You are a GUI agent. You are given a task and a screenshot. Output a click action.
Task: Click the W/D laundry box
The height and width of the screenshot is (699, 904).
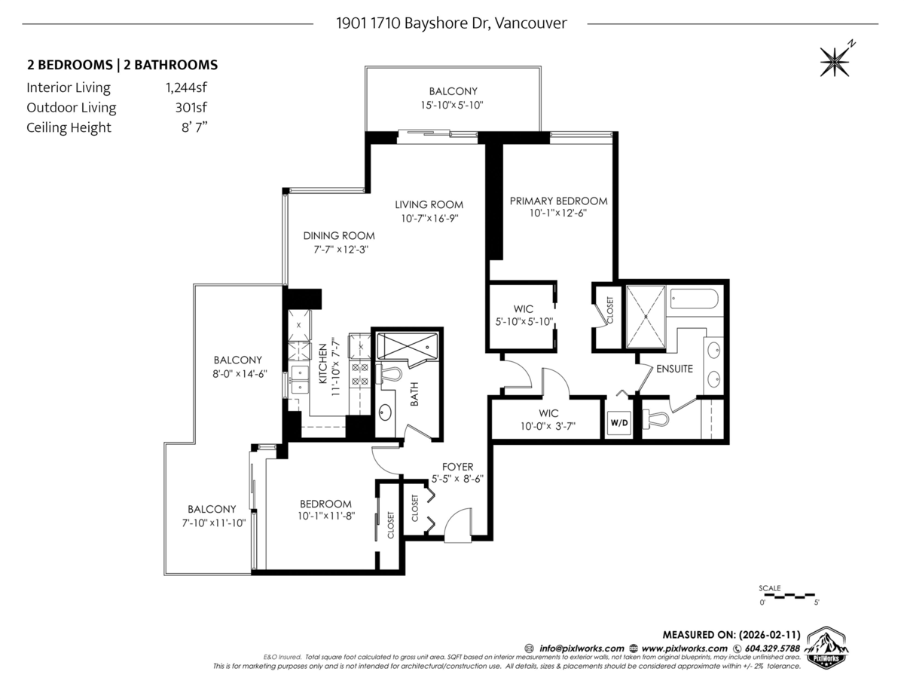[618, 423]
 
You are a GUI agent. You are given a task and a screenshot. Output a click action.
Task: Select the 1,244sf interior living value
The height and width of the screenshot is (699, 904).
[186, 87]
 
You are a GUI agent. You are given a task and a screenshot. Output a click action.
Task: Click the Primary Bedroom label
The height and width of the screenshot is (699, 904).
[558, 201]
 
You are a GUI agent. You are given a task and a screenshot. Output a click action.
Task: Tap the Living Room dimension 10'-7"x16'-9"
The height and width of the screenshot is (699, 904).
[429, 218]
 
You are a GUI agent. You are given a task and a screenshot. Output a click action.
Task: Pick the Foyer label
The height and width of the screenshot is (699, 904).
[457, 467]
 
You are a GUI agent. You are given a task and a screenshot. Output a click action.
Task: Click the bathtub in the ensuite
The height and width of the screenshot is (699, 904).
[694, 299]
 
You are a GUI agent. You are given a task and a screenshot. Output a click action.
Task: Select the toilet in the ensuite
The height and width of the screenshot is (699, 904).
[656, 418]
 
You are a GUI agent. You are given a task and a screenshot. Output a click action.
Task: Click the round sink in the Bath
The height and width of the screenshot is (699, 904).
[385, 413]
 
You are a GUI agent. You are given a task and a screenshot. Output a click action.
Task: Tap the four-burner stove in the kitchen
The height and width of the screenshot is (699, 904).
[360, 374]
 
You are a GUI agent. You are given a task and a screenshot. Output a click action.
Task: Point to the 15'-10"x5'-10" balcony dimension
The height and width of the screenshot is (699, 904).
[452, 105]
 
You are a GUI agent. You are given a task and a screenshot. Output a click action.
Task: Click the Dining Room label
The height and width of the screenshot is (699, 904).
[339, 235]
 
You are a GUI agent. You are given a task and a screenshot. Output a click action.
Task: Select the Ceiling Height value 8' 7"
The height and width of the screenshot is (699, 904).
[194, 127]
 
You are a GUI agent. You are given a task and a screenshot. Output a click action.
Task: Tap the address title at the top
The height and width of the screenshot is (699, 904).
[451, 23]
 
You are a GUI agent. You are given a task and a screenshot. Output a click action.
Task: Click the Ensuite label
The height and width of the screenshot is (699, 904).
[674, 369]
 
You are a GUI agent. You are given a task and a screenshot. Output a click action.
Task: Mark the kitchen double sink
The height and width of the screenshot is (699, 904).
[300, 379]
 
